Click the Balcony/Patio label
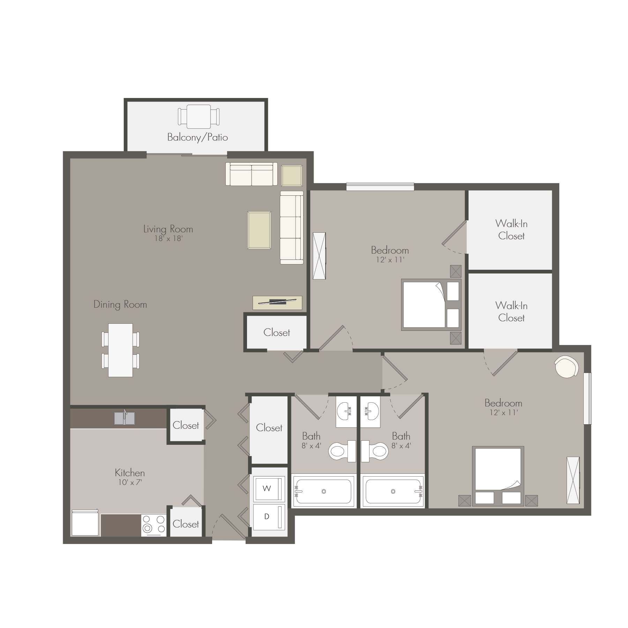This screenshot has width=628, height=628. pos(197,137)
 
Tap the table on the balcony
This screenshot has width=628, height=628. pos(199,117)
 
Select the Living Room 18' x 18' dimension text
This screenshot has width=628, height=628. pos(168,239)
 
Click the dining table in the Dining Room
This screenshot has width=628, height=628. pos(120,350)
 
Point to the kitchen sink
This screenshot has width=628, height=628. pos(124,418)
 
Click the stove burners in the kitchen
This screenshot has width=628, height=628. pos(154,525)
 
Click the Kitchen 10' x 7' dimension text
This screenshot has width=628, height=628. pos(130,483)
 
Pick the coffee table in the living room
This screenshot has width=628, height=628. pos(259,230)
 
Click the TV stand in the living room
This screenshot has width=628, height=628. pos(277,302)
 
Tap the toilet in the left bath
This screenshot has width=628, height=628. pos(342,451)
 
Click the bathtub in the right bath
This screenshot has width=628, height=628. pos(393,492)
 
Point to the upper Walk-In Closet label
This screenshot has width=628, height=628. pos(511,230)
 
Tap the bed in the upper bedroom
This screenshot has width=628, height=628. pos(432,305)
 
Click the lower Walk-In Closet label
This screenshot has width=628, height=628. pos(511,312)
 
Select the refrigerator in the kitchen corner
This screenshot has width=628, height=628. pos(85,523)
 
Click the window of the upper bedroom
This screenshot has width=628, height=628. pos(380,187)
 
